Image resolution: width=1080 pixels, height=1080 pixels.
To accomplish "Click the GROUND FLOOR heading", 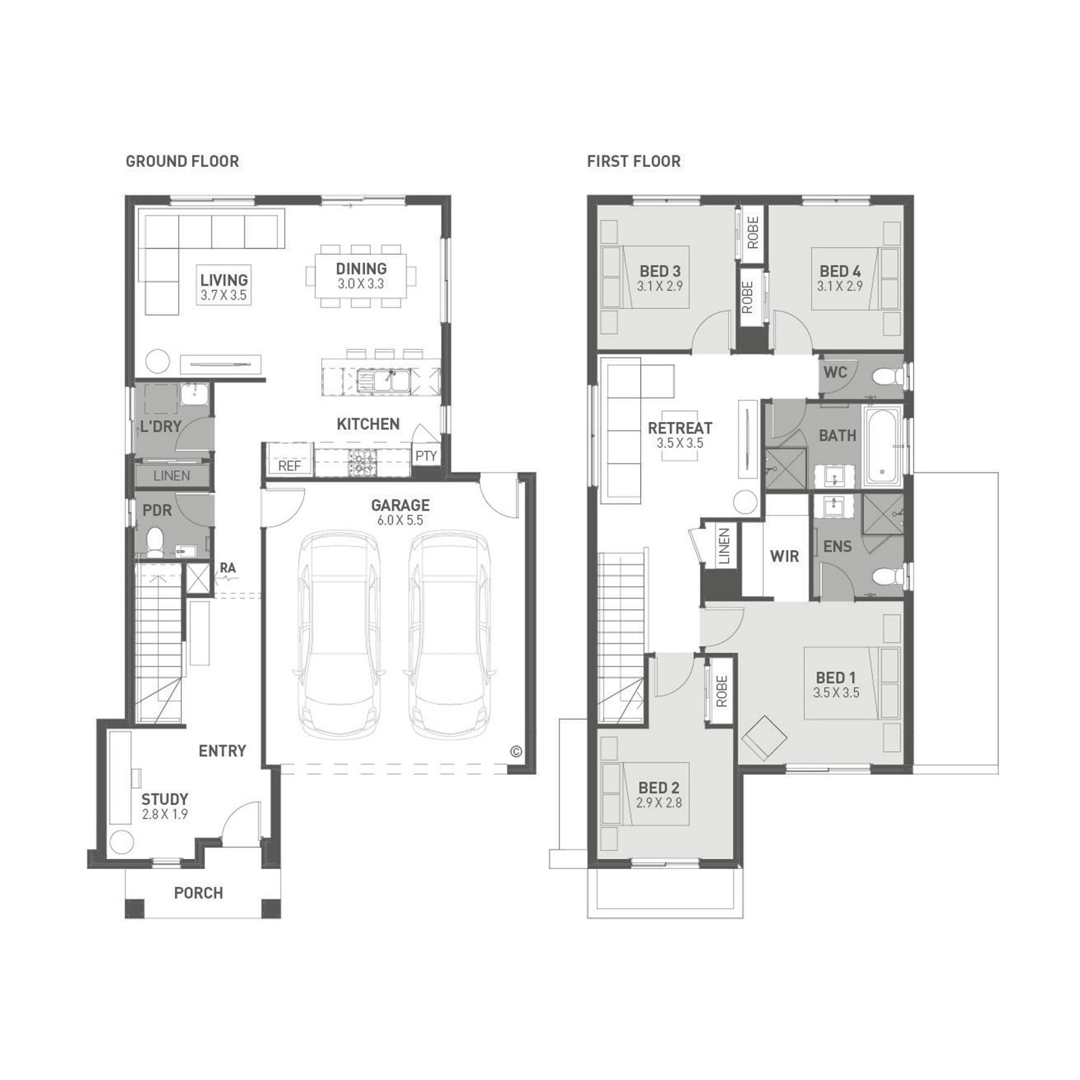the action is coord(182,161).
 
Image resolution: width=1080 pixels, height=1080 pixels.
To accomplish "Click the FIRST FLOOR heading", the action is coord(634,161).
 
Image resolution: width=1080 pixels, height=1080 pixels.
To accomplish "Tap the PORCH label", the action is coord(199,893).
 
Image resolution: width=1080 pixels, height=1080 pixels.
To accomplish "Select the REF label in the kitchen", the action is coord(289,466).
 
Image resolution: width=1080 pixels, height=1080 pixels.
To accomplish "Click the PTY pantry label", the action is coord(426,456).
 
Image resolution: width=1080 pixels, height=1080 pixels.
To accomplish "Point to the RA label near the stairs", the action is coord(228,568).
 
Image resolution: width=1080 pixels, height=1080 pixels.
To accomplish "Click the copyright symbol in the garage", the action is coord(516,752).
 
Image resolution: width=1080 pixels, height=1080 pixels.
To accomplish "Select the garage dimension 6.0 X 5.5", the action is coord(400,521).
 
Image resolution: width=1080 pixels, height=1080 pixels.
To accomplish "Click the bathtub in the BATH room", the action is coord(883,446).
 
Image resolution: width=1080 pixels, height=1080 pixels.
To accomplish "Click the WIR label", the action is coord(785,557).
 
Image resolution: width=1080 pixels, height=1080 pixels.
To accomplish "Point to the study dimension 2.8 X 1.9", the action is coord(165,814).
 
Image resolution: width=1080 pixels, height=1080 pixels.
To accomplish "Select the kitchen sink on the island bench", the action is coord(382,379).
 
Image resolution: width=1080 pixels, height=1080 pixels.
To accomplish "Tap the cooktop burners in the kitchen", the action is coord(361,462).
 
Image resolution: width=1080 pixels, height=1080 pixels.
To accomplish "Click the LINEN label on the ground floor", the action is coord(172,476).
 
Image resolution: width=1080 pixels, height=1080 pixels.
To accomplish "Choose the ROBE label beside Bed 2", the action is coord(722,691).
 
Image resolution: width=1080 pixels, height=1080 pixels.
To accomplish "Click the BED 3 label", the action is coord(660,271).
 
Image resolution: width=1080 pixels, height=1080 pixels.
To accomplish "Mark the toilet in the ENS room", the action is coord(888,576).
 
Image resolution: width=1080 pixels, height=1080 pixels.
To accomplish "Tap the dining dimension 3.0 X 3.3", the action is coord(361,284).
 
